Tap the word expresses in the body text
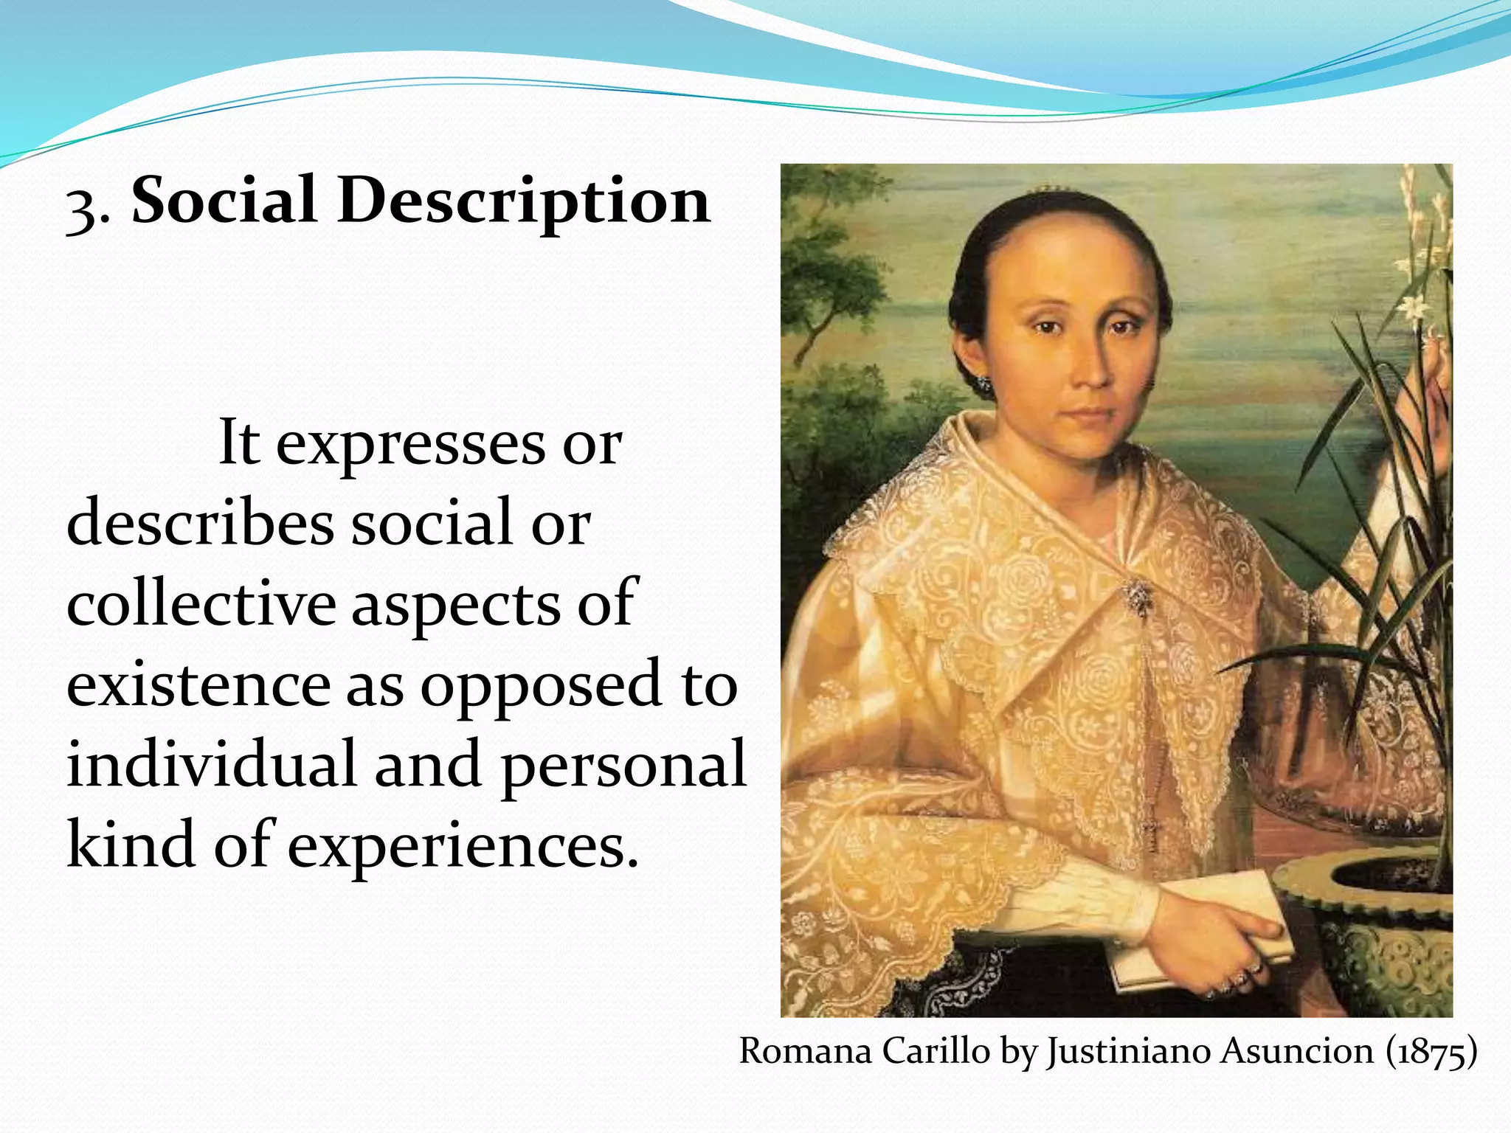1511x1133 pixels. pyautogui.click(x=410, y=444)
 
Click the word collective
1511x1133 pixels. pyautogui.click(x=201, y=603)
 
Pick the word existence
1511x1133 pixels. pyautogui.click(x=198, y=685)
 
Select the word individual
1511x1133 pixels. pyautogui.click(x=211, y=764)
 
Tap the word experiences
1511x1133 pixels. pyautogui.click(x=462, y=845)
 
